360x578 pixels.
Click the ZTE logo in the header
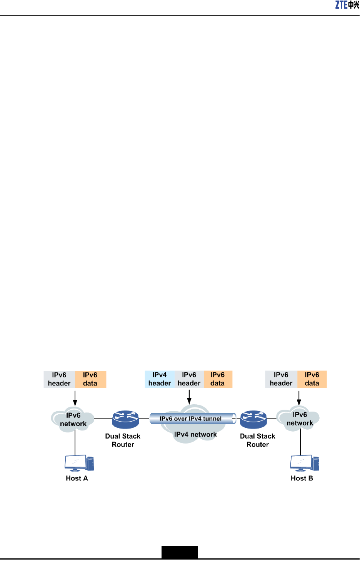pyautogui.click(x=347, y=5)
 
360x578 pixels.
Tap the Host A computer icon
pyautogui.click(x=79, y=463)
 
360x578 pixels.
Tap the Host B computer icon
pyautogui.click(x=304, y=463)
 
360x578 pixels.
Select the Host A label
pyautogui.click(x=77, y=478)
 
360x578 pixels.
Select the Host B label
pyautogui.click(x=302, y=478)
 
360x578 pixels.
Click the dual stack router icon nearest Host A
pyautogui.click(x=125, y=419)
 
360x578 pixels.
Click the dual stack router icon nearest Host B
pyautogui.click(x=253, y=419)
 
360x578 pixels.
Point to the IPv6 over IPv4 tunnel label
pyautogui.click(x=190, y=419)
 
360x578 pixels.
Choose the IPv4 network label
pyautogui.click(x=195, y=435)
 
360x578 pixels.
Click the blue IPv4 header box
pyautogui.click(x=160, y=379)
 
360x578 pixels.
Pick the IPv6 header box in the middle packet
pyautogui.click(x=189, y=379)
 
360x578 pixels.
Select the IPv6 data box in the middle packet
pyautogui.click(x=218, y=379)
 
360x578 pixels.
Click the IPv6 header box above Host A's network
pyautogui.click(x=59, y=379)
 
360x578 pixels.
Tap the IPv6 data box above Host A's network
pyautogui.click(x=90, y=379)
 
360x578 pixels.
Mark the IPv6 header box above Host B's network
pyautogui.click(x=281, y=379)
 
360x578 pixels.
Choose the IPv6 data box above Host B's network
pyautogui.click(x=312, y=379)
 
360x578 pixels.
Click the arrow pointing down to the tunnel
pyautogui.click(x=189, y=397)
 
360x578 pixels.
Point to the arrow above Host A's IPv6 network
pyautogui.click(x=75, y=398)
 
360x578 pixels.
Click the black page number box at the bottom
pyautogui.click(x=180, y=552)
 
